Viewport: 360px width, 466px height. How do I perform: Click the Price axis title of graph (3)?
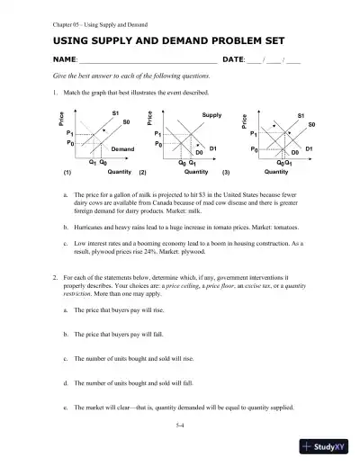244,123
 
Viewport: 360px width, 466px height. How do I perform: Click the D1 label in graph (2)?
213,147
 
